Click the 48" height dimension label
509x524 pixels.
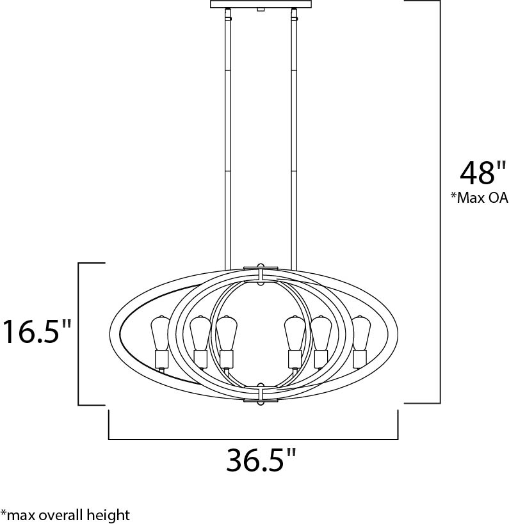point(478,173)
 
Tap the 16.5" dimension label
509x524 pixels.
point(37,332)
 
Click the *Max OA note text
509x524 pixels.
point(479,198)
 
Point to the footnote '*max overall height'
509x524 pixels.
point(65,514)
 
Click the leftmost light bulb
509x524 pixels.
point(160,332)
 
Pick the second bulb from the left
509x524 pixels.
point(199,332)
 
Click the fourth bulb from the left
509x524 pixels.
point(294,333)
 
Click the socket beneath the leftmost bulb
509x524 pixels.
point(160,358)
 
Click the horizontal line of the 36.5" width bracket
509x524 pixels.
point(254,439)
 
